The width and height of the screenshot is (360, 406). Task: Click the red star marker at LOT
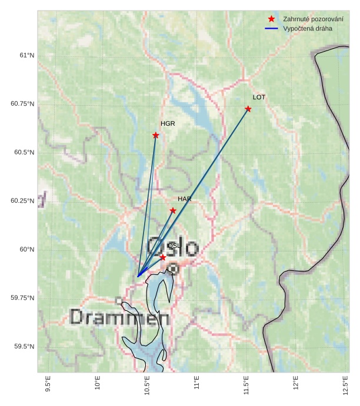[248, 109]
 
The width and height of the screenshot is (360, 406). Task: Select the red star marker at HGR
[156, 135]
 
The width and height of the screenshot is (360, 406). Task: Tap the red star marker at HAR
[173, 210]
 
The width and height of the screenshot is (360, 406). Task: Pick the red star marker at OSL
[163, 257]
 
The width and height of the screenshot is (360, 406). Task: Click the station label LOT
[259, 97]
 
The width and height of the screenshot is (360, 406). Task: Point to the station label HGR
[168, 124]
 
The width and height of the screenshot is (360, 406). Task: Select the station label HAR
[185, 199]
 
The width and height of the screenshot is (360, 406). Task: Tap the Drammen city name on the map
[120, 318]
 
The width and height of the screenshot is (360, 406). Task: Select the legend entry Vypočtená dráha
[307, 28]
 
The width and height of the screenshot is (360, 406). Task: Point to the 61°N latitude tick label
[26, 56]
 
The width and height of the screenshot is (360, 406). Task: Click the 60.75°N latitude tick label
[22, 104]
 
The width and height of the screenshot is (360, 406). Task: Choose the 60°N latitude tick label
[26, 250]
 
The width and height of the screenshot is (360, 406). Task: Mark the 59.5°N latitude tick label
[24, 347]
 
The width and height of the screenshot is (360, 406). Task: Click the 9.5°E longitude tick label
[48, 387]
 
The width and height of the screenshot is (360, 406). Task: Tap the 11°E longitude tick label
[196, 388]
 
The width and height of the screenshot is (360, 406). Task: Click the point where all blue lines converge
[138, 276]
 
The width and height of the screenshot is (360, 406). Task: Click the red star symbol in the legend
[271, 19]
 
